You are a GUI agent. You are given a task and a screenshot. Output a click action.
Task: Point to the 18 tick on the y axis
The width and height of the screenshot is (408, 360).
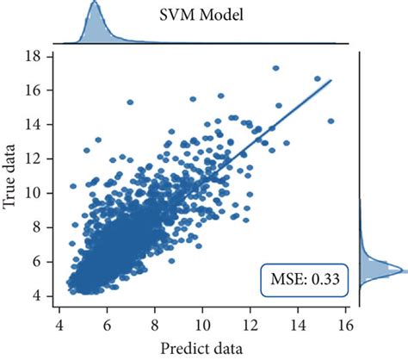[x=34, y=57]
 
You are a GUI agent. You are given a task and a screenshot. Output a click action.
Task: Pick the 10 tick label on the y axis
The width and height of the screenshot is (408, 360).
[x=34, y=193]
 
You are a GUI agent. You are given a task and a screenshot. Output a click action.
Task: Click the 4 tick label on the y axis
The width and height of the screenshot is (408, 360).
[x=37, y=295]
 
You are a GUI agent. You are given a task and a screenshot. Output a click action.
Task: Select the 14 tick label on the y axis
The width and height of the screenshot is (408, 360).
[x=34, y=125]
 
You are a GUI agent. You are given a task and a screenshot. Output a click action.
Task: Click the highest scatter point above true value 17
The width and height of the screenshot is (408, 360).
[x=275, y=67]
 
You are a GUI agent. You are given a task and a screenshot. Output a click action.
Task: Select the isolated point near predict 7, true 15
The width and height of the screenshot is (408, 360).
[x=131, y=102]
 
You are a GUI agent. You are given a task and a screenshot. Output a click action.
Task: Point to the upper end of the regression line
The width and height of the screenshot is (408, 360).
[x=331, y=81]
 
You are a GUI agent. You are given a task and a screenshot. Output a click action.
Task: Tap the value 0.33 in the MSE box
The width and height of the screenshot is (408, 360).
[x=322, y=282]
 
